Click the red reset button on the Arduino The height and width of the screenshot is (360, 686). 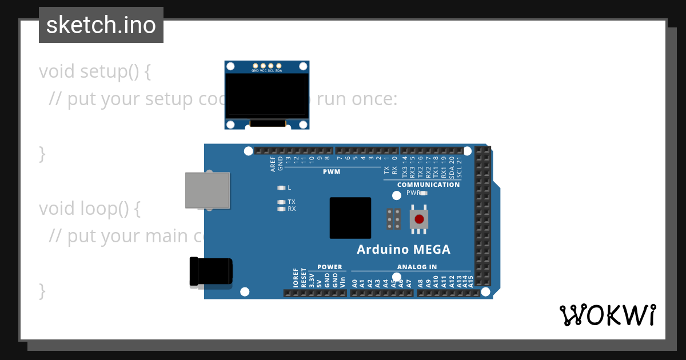point(419,219)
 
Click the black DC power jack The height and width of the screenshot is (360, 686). point(211,271)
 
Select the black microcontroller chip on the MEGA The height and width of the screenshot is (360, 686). point(350,218)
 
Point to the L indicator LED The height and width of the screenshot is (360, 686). point(281,187)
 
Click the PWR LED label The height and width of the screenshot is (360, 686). point(413,193)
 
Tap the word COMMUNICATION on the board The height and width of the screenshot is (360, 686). point(428,185)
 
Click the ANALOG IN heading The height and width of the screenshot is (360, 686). point(417,267)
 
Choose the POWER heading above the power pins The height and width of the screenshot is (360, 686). point(330,267)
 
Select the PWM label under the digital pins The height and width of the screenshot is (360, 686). point(331,171)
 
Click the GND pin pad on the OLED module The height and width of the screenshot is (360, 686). point(256,66)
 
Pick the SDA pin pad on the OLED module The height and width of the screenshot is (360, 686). point(278,66)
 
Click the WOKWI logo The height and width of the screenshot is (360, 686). point(608,315)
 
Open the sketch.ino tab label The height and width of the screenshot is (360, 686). point(101,25)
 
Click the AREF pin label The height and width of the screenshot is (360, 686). point(273,164)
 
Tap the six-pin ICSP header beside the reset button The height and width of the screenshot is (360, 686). point(393,219)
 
